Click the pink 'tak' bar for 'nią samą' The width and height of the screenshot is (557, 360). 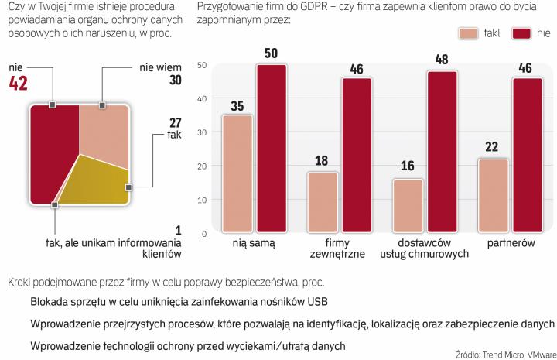pyautogui.click(x=237, y=173)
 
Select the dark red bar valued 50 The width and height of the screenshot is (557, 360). pyautogui.click(x=272, y=148)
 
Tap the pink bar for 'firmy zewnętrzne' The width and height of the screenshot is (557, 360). pyautogui.click(x=323, y=202)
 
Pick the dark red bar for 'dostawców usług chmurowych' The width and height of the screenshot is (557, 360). pyautogui.click(x=442, y=152)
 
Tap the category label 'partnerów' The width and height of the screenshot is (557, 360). pyautogui.click(x=510, y=243)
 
